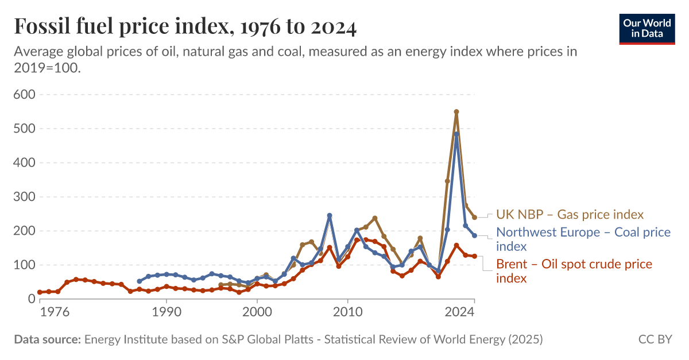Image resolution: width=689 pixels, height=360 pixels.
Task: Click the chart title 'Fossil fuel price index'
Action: (185, 26)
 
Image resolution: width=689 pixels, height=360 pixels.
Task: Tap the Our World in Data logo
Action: (647, 28)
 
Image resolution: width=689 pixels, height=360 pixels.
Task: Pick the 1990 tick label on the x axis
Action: (167, 313)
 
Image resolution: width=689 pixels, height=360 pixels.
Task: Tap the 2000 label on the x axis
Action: (257, 313)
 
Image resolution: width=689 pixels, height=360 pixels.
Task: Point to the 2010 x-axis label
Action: (347, 313)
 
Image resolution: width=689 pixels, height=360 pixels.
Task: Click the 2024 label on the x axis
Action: (459, 313)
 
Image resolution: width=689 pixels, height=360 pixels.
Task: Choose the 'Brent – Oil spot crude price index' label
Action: (574, 271)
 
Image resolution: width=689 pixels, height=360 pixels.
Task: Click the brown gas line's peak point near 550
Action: (456, 112)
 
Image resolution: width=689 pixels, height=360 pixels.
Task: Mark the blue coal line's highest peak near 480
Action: (456, 134)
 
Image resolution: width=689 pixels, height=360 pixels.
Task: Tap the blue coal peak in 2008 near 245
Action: (330, 215)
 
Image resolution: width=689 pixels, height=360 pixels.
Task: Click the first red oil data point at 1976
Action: (40, 292)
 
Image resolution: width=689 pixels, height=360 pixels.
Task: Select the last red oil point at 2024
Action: (474, 256)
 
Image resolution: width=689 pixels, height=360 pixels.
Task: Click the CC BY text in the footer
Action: (655, 339)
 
